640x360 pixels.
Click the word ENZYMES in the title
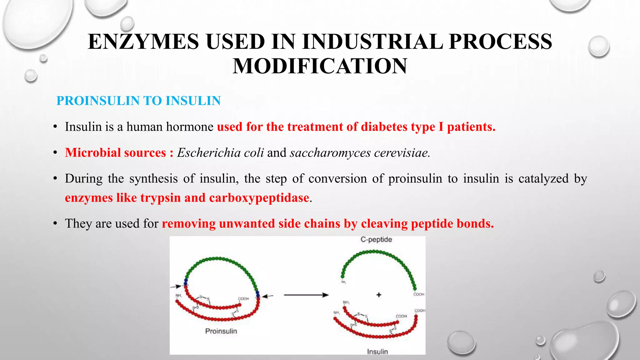tap(143, 42)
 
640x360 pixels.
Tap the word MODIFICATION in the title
tap(320, 66)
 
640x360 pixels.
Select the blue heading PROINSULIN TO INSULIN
tap(138, 101)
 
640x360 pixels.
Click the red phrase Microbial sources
tap(115, 153)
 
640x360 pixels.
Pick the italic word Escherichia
tap(209, 153)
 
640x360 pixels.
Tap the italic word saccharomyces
tap(330, 153)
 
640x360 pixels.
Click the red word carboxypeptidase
tap(259, 198)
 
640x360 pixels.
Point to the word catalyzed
tap(543, 179)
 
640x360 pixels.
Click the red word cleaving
tap(384, 224)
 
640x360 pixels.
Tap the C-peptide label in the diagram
tap(376, 240)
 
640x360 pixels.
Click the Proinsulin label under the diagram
tap(221, 331)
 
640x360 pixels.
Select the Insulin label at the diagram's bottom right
tap(377, 352)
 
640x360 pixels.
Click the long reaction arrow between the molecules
tap(306, 295)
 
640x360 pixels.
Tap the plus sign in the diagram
tap(379, 295)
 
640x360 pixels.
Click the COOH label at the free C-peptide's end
tap(419, 294)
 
